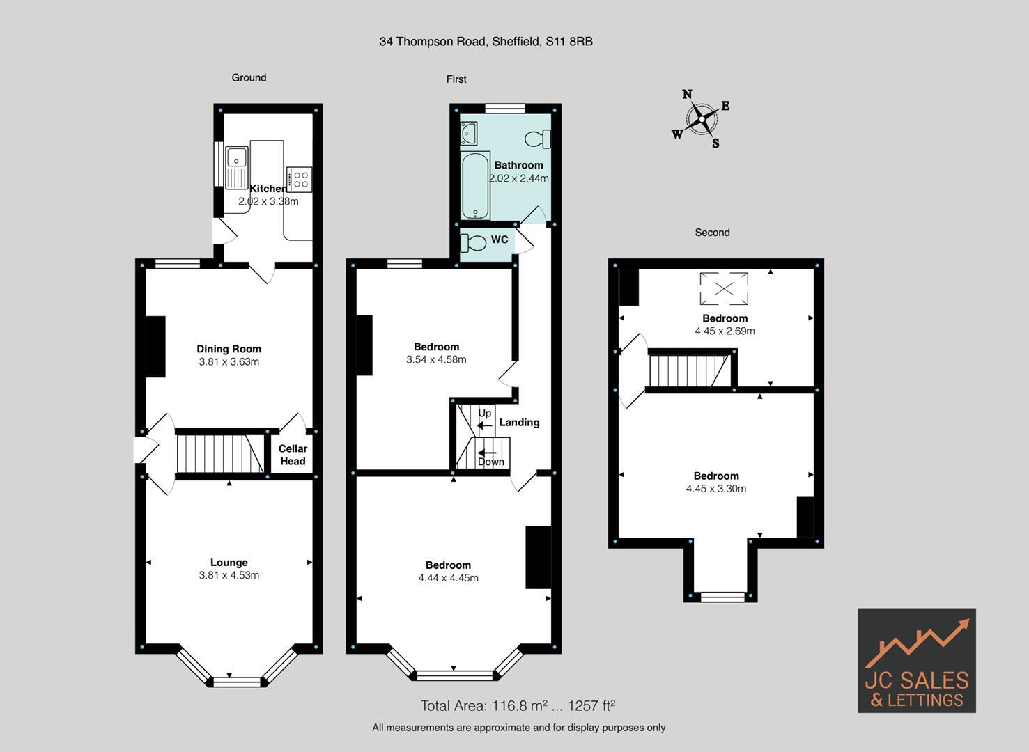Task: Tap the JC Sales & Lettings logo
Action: [916, 660]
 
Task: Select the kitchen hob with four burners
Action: [300, 179]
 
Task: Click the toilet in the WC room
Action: [474, 244]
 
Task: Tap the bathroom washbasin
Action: [468, 132]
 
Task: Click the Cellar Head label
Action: [293, 455]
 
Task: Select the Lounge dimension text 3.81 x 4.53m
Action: [229, 575]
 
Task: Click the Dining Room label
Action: [229, 349]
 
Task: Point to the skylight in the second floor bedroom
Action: [724, 288]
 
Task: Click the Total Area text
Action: [517, 706]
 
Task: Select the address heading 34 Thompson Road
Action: [486, 41]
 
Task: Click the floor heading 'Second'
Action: [712, 233]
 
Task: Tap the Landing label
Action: [519, 422]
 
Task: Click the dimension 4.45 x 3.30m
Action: [715, 489]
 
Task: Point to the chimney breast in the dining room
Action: [155, 347]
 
